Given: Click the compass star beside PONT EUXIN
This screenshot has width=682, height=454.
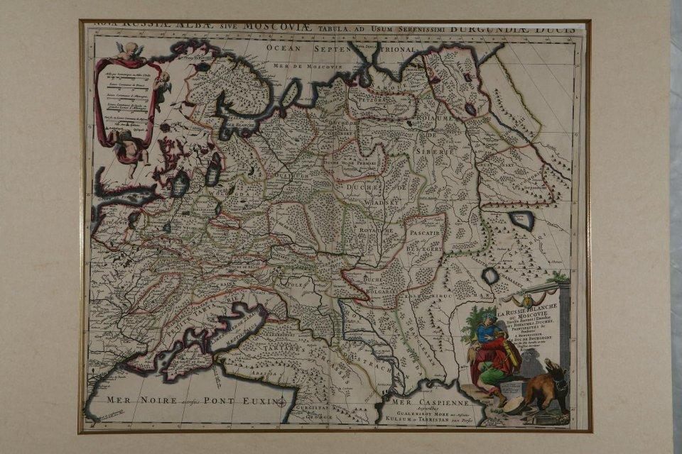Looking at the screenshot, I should pyautogui.click(x=282, y=403).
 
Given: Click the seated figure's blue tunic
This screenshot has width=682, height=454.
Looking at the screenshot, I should pyautogui.click(x=488, y=333).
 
